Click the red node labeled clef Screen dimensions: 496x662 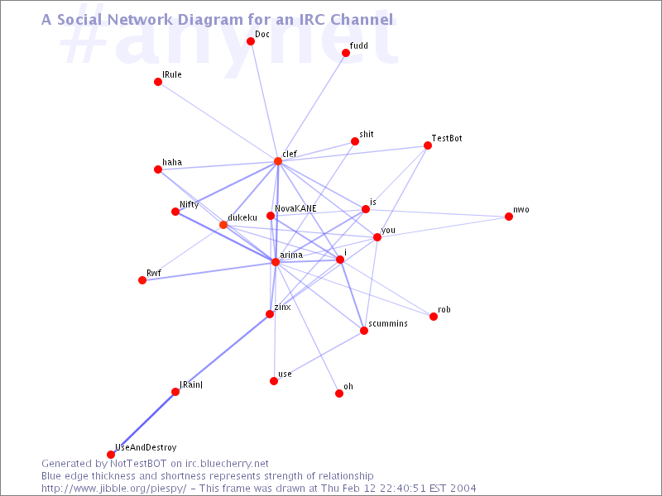278,161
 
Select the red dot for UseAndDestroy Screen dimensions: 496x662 111,455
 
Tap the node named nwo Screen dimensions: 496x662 509,217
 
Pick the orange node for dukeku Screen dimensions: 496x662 223,225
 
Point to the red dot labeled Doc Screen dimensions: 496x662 251,41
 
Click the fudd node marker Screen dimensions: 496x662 346,53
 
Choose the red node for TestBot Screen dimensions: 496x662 428,145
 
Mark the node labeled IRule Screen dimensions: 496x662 158,82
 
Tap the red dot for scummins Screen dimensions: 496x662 364,331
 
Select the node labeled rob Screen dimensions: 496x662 434,317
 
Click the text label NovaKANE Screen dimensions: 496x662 295,209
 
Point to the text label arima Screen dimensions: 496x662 291,255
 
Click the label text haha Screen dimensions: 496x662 172,162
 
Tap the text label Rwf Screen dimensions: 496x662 154,273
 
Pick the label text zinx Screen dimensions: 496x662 282,307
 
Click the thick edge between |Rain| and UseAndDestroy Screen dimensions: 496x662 143,423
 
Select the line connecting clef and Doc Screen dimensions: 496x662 264,101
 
